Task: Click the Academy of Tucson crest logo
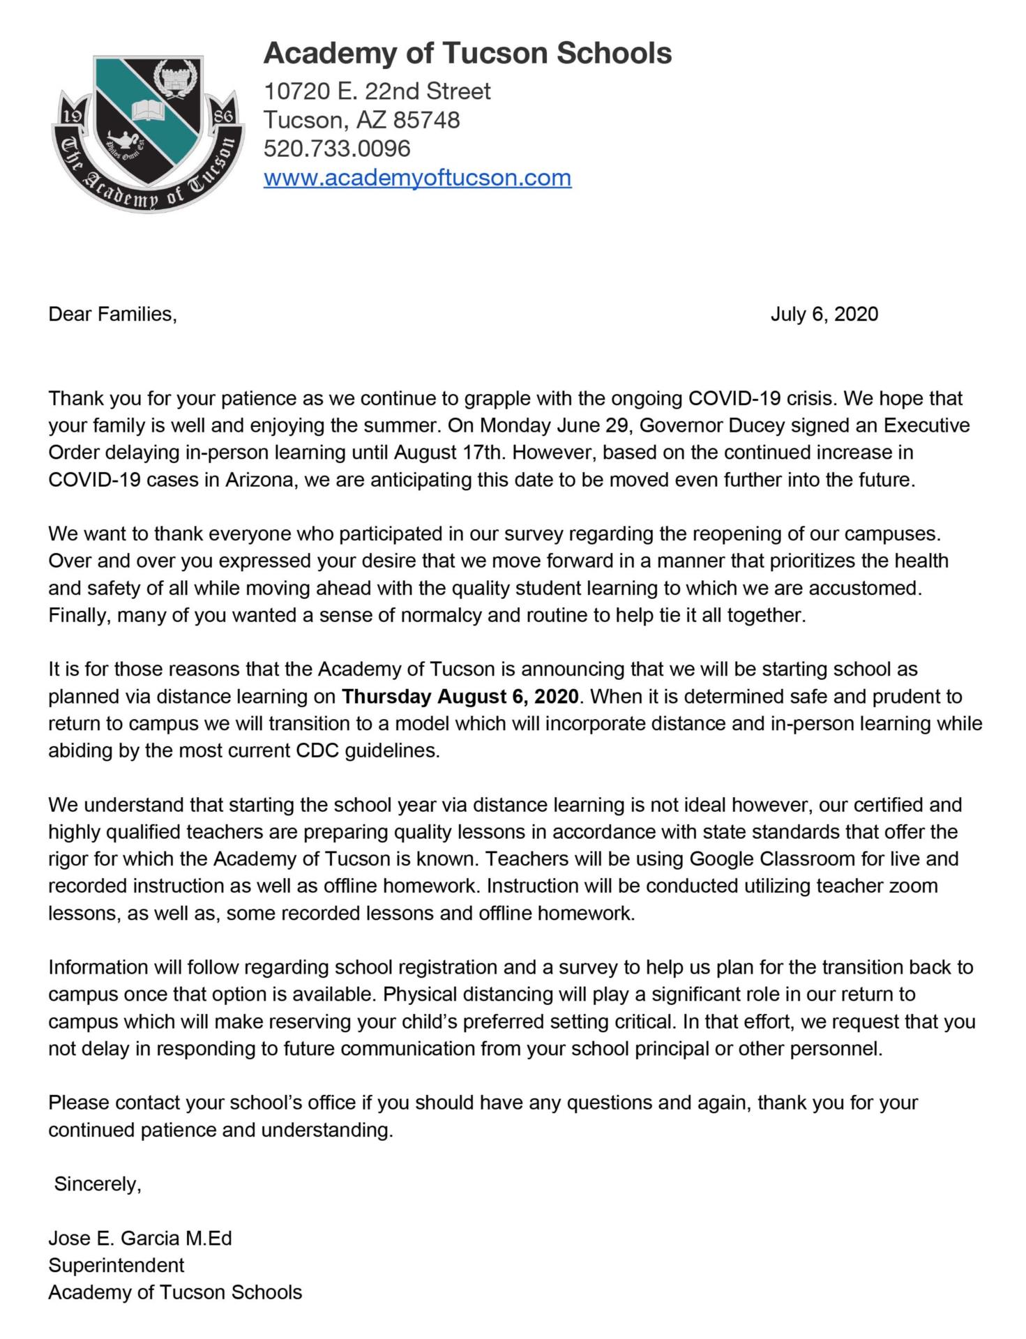[x=149, y=133]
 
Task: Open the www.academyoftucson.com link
[x=417, y=178]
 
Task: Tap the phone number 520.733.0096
[x=337, y=149]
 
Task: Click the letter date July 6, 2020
[x=824, y=315]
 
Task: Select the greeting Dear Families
[x=112, y=315]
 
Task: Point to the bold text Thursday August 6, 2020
[x=460, y=697]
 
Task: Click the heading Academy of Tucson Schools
[x=467, y=54]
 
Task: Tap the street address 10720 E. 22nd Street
[x=377, y=91]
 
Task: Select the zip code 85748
[x=427, y=120]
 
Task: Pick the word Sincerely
[x=98, y=1184]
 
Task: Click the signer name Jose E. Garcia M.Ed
[x=140, y=1239]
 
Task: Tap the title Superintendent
[x=116, y=1266]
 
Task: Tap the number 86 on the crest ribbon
[x=225, y=116]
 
